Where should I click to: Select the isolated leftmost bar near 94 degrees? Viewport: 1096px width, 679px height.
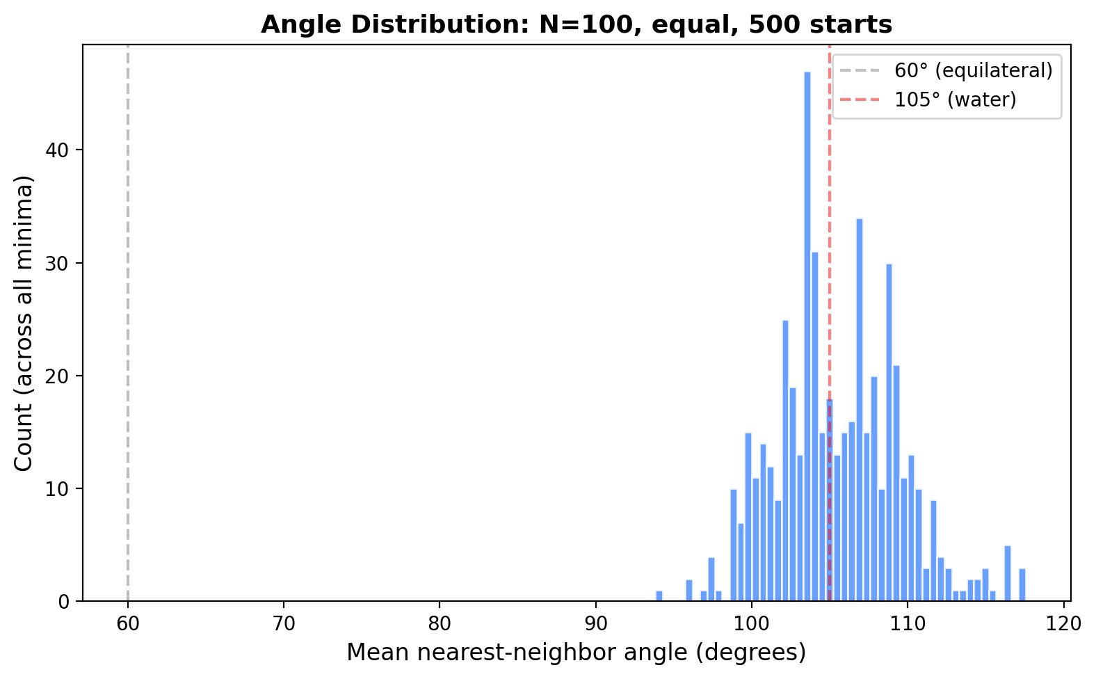659,596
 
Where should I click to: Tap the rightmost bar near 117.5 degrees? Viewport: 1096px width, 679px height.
1022,585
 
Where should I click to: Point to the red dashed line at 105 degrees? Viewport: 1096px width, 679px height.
830,209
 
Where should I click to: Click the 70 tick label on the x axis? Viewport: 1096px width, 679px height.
284,623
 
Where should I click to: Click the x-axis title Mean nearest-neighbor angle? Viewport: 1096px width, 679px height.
576,653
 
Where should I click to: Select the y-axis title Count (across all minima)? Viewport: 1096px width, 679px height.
24,323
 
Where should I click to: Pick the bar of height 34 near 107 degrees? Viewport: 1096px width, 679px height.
860,410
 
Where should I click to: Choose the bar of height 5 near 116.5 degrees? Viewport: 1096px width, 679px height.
1007,574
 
